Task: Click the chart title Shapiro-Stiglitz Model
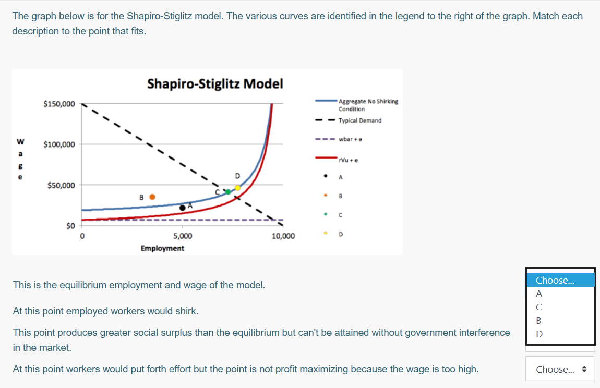pos(215,83)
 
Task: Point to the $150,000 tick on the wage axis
pos(59,104)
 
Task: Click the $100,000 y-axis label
pos(59,144)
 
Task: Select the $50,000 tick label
pos(61,185)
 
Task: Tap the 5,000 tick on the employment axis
pos(183,236)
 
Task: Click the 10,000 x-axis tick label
pos(283,236)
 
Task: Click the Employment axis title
pos(162,248)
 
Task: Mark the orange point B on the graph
pos(152,197)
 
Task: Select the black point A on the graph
pos(182,208)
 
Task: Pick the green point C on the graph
pos(227,192)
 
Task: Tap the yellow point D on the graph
pos(237,188)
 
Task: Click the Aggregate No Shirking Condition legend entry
pos(368,105)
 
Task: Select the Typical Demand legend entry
pos(359,120)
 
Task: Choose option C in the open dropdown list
pos(539,307)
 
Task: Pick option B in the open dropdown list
pos(539,320)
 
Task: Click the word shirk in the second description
pos(187,311)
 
